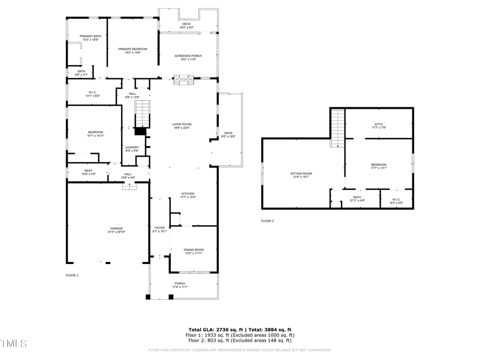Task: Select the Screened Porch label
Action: tap(188, 57)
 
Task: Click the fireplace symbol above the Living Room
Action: tap(185, 81)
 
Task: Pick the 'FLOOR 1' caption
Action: tap(72, 275)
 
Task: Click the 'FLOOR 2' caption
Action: tap(267, 221)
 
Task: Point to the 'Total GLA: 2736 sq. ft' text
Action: tap(214, 330)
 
